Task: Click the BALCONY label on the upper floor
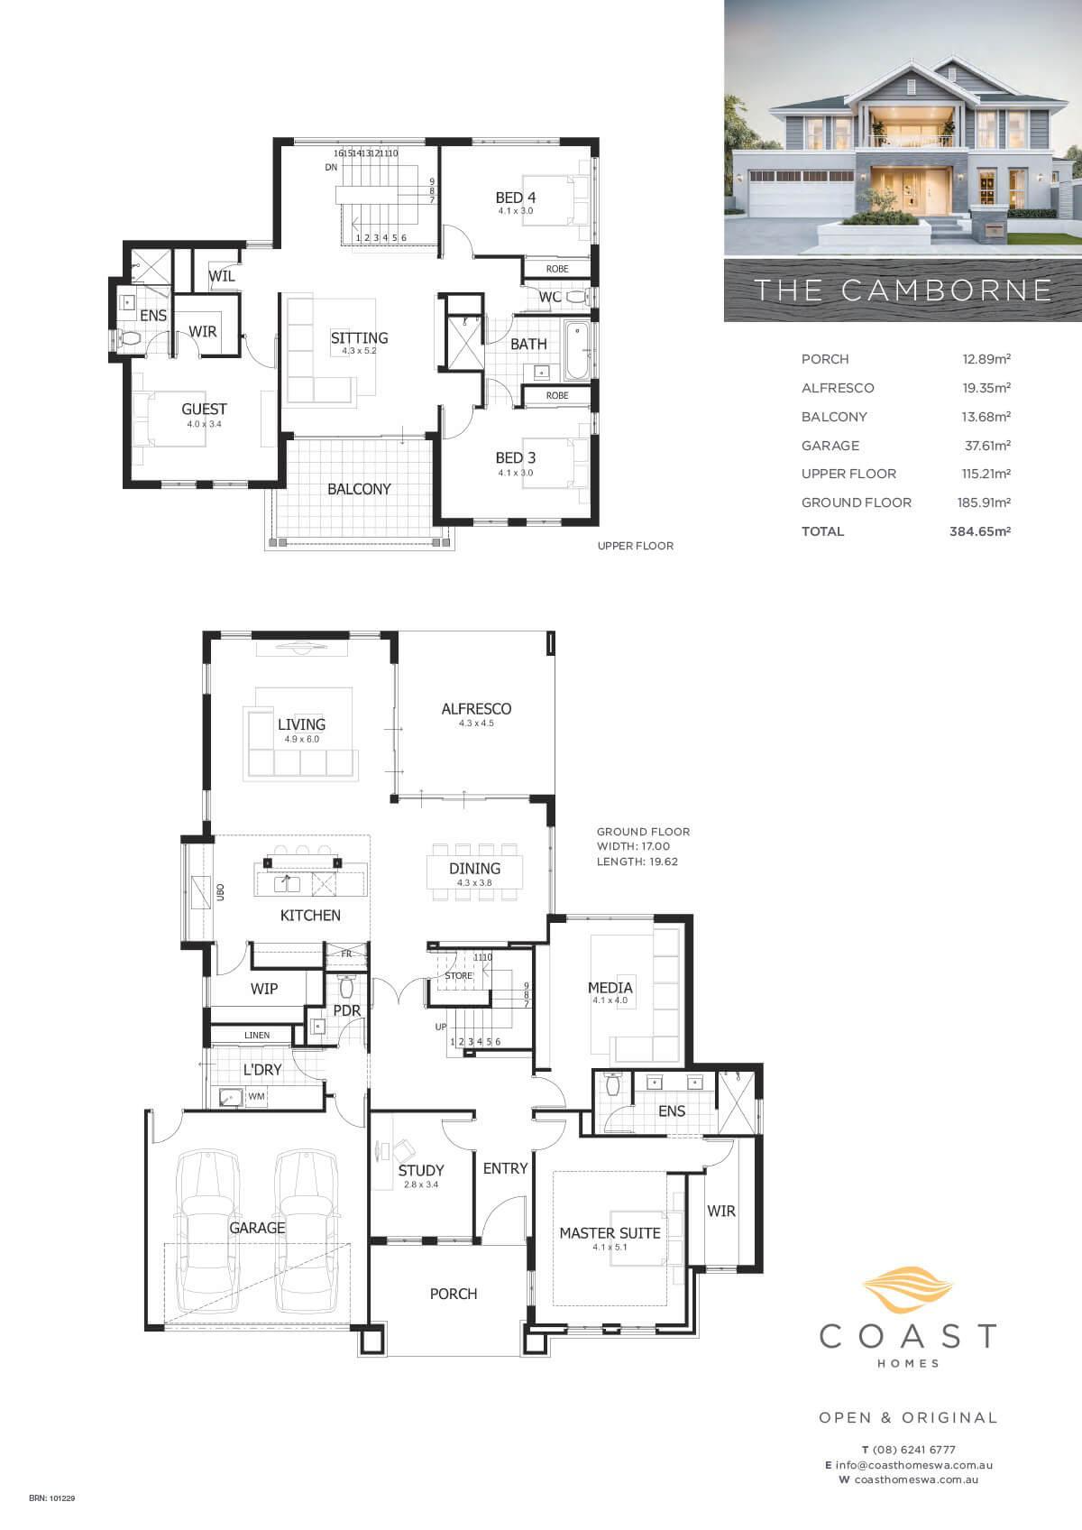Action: click(359, 489)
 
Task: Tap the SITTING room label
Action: click(359, 337)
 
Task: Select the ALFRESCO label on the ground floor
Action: click(476, 709)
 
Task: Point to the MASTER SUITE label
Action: click(610, 1233)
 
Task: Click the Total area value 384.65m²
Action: click(980, 530)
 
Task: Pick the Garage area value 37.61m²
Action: click(988, 446)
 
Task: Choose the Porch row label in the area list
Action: click(825, 359)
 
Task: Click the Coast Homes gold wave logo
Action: click(908, 1290)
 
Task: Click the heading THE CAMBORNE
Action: click(903, 290)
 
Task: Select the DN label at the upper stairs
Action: click(331, 168)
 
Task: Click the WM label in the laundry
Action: click(257, 1097)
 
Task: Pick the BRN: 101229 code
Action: click(52, 1498)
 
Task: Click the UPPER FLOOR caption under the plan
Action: click(636, 546)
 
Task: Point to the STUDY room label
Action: click(421, 1171)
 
